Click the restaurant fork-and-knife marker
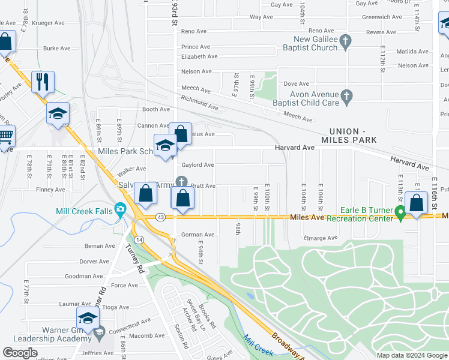43,82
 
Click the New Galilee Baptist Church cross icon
345,41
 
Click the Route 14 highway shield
138,239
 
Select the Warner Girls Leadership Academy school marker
88,319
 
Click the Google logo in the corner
20,352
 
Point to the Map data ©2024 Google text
411,355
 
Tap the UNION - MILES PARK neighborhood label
352,136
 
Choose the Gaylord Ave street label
197,165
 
